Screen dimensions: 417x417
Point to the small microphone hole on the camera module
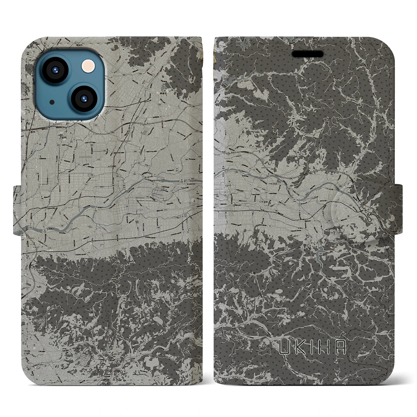coord(52,102)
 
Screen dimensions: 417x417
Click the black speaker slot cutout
coord(308,54)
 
